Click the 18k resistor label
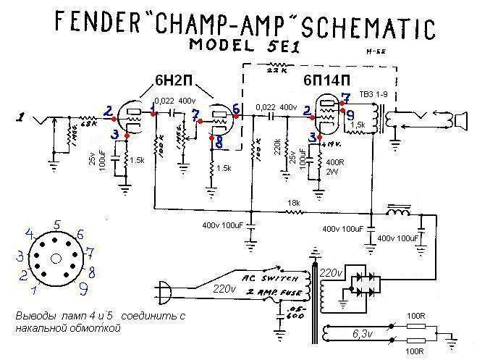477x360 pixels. click(292, 203)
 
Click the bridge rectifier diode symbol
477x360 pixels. click(362, 283)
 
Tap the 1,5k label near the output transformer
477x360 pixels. click(357, 125)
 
